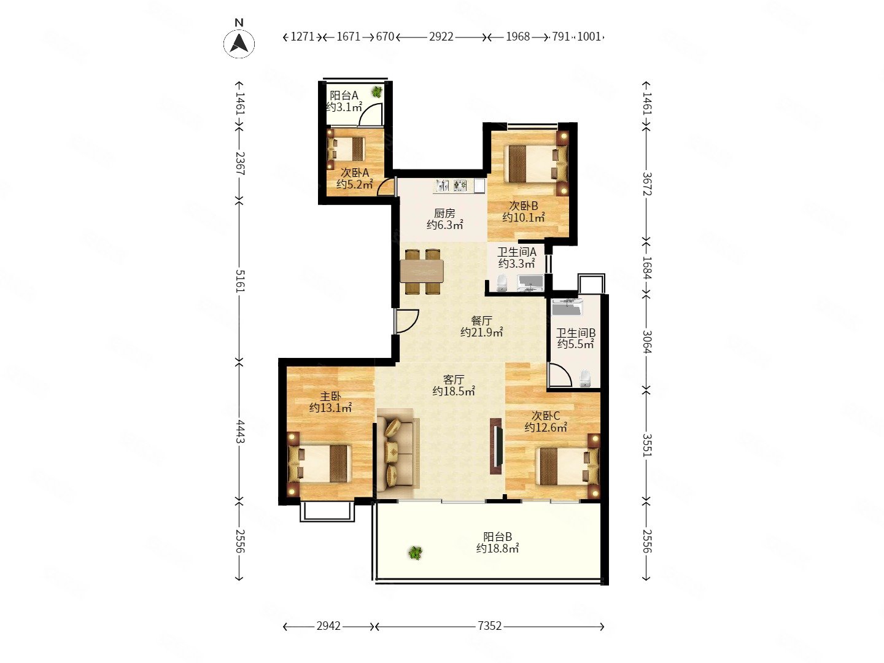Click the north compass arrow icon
pos(239,44)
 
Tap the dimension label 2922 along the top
pos(441,37)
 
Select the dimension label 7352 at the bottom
pos(489,626)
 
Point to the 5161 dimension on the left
pos(239,281)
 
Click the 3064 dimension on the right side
pos(646,341)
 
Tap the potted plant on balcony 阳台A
pos(377,92)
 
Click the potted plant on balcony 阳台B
pos(415,552)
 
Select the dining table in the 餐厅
pos(422,271)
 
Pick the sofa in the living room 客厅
pos(398,453)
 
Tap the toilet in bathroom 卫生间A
pos(502,283)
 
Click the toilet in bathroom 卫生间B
pos(585,378)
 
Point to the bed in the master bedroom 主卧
pos(320,463)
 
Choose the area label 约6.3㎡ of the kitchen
pos(444,225)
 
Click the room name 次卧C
pos(545,416)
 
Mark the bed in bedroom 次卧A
pos(347,149)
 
